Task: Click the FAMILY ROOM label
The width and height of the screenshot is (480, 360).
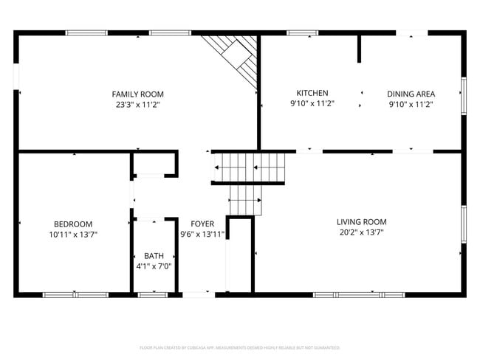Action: pos(137,94)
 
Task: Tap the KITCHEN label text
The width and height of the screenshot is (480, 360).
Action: pos(312,93)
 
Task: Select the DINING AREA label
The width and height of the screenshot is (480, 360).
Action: pos(411,94)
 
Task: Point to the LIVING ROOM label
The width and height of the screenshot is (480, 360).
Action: pos(361,221)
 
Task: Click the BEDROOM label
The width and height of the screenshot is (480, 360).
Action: pos(72,224)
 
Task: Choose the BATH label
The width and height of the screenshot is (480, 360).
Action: pos(154,256)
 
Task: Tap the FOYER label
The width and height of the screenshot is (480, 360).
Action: pos(202,224)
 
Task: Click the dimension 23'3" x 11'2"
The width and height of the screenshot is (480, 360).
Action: pos(137,105)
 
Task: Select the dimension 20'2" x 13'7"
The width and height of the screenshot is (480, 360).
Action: pos(361,232)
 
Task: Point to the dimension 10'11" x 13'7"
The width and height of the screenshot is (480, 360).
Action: pos(72,235)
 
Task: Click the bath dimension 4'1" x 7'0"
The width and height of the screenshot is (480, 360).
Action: pos(154,266)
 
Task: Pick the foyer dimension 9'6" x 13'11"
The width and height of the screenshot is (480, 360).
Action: pos(202,234)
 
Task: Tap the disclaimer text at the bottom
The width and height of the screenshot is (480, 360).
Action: pos(239,347)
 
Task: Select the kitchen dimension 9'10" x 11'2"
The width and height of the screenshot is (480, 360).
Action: pos(312,104)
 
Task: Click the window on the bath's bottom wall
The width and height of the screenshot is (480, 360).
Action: pos(154,294)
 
